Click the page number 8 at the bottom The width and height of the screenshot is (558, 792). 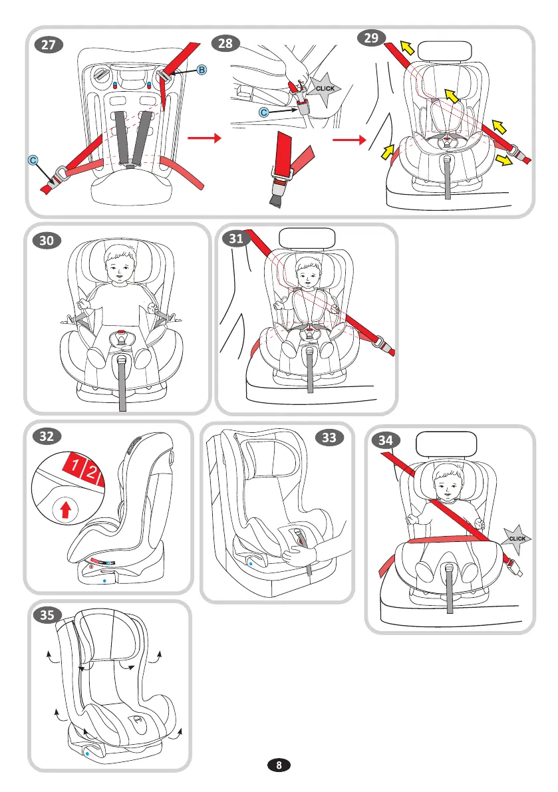tap(279, 765)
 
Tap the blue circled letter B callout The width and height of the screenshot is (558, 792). tap(202, 70)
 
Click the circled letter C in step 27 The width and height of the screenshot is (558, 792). tap(33, 160)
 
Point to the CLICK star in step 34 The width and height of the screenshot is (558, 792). tap(517, 538)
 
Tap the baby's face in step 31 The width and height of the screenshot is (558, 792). tap(308, 270)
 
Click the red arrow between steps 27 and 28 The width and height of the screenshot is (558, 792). tap(204, 139)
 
